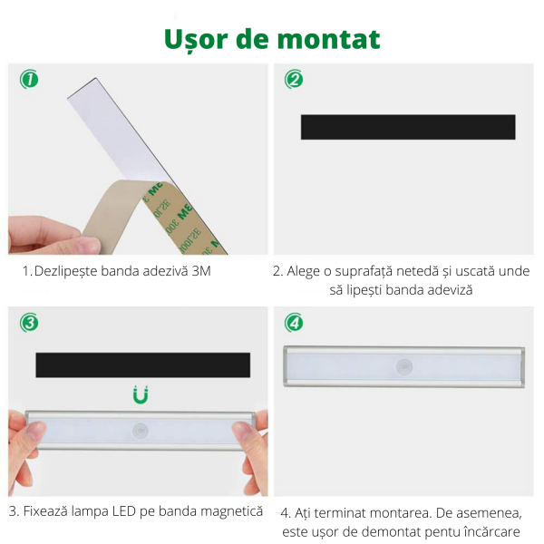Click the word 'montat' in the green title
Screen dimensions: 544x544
click(328, 39)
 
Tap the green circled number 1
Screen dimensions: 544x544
click(29, 79)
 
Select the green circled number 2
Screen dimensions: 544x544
click(294, 79)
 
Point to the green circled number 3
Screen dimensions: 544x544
click(29, 323)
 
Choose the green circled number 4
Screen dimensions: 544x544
click(294, 323)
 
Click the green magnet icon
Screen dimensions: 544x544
click(141, 394)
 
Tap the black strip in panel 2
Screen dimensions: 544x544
click(408, 127)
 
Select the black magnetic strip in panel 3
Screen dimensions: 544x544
click(143, 365)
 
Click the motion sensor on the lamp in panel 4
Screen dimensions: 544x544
click(404, 367)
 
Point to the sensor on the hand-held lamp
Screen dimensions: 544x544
click(141, 431)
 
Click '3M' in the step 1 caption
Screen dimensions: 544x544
click(201, 271)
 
